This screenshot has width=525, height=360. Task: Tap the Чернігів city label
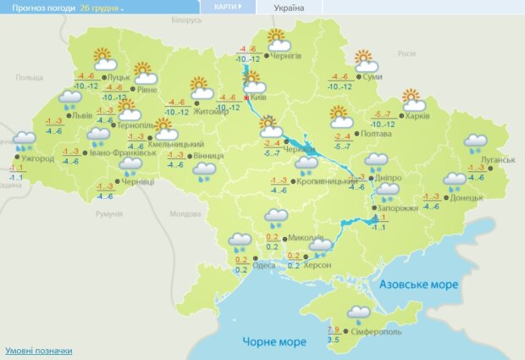click(289, 56)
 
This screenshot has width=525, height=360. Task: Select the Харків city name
click(417, 116)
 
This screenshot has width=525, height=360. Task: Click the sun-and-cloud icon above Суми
click(365, 61)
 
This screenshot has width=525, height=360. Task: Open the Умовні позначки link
click(39, 351)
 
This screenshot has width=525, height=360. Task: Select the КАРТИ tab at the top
click(227, 7)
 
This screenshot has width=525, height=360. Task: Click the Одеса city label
click(264, 264)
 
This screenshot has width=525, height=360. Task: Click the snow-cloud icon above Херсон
click(322, 247)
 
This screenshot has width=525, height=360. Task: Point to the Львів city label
click(83, 115)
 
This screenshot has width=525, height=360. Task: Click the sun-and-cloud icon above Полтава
click(340, 116)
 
